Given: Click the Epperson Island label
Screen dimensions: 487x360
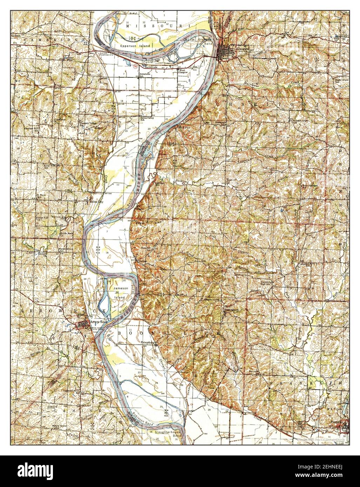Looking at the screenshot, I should point(135,46).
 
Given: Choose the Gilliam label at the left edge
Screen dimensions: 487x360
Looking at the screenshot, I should point(16,36).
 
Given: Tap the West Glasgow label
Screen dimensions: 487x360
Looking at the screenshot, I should point(182,71).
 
